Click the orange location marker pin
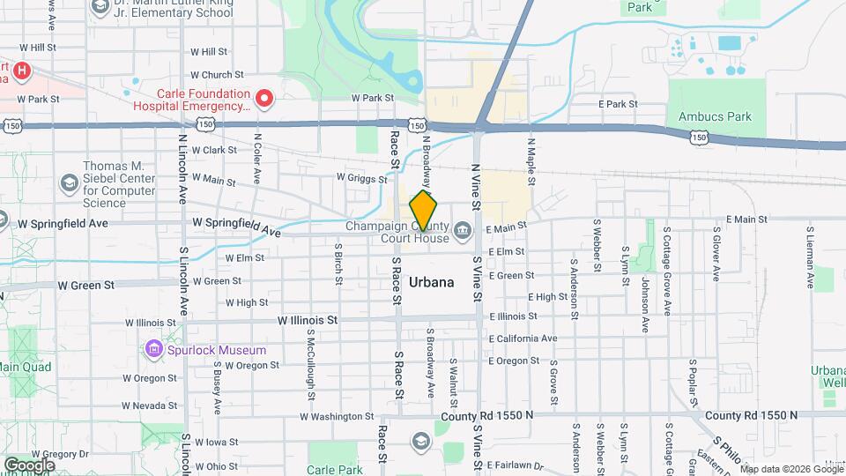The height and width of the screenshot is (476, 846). coord(423,211)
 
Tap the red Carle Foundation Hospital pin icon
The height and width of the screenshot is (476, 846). coord(263,97)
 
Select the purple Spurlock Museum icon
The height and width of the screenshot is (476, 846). coord(155,350)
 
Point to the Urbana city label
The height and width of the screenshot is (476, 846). coord(432,283)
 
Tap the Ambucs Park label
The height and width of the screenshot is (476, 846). coord(715,116)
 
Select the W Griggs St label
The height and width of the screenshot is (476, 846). coord(361,178)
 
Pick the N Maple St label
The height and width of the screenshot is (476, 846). coord(531,160)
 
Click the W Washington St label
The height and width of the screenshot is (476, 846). coord(338,416)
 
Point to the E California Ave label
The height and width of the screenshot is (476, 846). coord(523,338)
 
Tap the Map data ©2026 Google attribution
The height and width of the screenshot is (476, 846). coord(791,469)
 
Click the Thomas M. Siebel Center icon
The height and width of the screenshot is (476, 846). coord(69,182)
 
